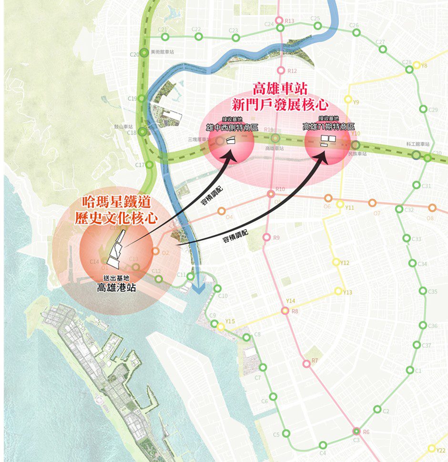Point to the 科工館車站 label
(417, 144)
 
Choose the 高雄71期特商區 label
(329, 127)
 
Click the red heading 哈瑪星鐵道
(113, 203)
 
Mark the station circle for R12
(280, 70)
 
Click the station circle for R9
(266, 237)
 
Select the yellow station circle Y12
(336, 262)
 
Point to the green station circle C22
(199, 37)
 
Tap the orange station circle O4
(221, 211)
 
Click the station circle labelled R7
(306, 364)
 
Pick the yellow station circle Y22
(432, 449)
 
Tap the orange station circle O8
(432, 207)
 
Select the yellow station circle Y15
(221, 326)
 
